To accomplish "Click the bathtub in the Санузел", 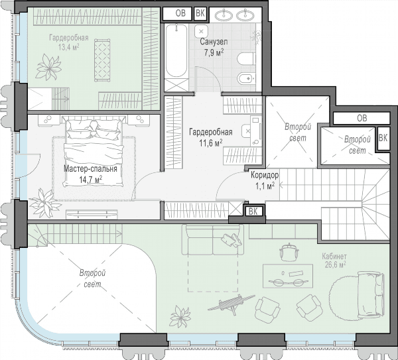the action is (176, 51).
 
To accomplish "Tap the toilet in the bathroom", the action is (246, 59).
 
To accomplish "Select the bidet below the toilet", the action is (246, 78).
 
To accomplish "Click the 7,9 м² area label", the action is (214, 52).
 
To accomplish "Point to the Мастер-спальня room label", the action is (90, 168).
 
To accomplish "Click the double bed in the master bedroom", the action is (94, 150).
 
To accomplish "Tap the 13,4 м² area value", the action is (68, 47).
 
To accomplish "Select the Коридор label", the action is (265, 175).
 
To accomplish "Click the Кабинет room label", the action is (334, 256).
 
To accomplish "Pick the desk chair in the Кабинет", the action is (289, 251).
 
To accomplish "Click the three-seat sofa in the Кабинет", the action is (213, 240).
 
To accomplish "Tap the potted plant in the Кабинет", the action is (180, 316).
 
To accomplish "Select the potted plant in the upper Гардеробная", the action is (49, 67).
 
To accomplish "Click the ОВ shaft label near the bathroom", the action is (180, 13).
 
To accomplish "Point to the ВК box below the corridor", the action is (253, 211).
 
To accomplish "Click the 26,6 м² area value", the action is (335, 265).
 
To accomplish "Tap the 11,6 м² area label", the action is (211, 143).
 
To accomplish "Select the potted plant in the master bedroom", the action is (44, 203).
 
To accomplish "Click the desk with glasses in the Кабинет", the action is (288, 276).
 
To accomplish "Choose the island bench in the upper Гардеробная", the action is (102, 60).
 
